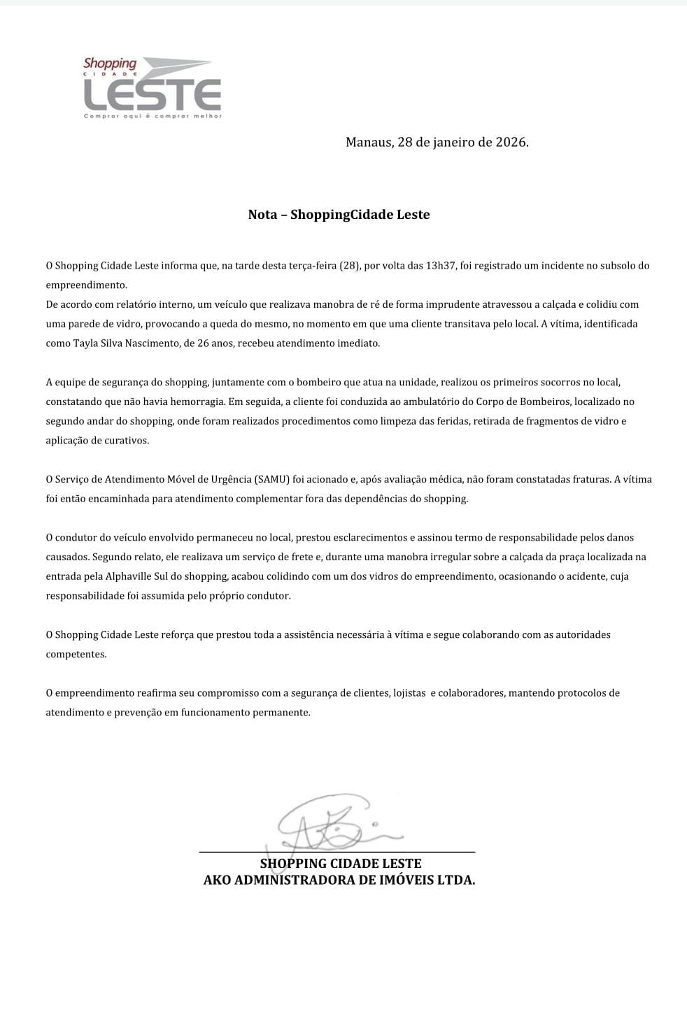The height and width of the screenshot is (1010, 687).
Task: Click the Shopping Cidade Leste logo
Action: pos(152,87)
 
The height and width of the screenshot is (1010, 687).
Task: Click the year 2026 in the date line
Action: pos(511,142)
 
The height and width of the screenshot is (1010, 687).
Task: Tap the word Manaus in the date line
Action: pos(369,142)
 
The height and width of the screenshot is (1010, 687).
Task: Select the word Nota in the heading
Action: pos(262,215)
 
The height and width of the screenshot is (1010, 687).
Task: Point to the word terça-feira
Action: pos(309,266)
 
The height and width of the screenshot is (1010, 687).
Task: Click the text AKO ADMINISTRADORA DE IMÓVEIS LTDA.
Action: pos(339,880)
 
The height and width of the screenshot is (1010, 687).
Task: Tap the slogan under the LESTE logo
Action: pos(153,116)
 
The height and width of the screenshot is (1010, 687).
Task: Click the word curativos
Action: pos(124,441)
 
